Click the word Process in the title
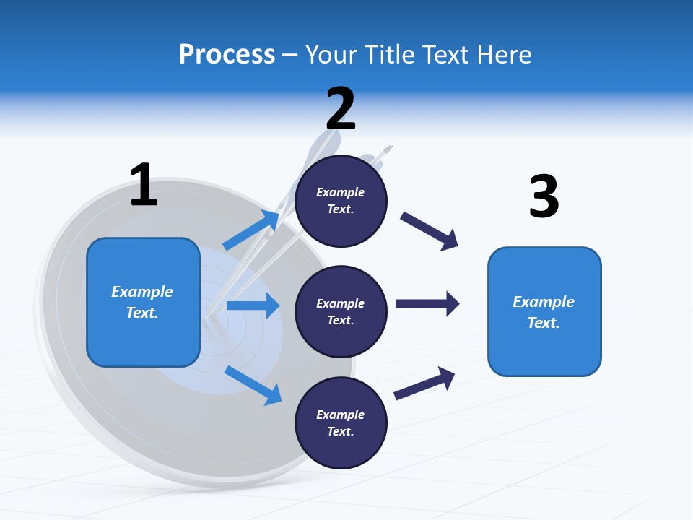[x=227, y=54]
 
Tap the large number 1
[x=143, y=185]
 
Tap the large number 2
[x=341, y=108]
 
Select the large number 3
[x=544, y=196]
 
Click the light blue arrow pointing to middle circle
[x=253, y=305]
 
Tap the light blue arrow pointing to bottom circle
[x=253, y=384]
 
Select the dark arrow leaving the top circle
[x=430, y=231]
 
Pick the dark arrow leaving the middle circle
[x=427, y=304]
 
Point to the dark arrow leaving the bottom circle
[x=424, y=384]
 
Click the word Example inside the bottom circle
[x=340, y=415]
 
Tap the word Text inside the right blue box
[x=543, y=323]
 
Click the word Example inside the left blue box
[x=142, y=292]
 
